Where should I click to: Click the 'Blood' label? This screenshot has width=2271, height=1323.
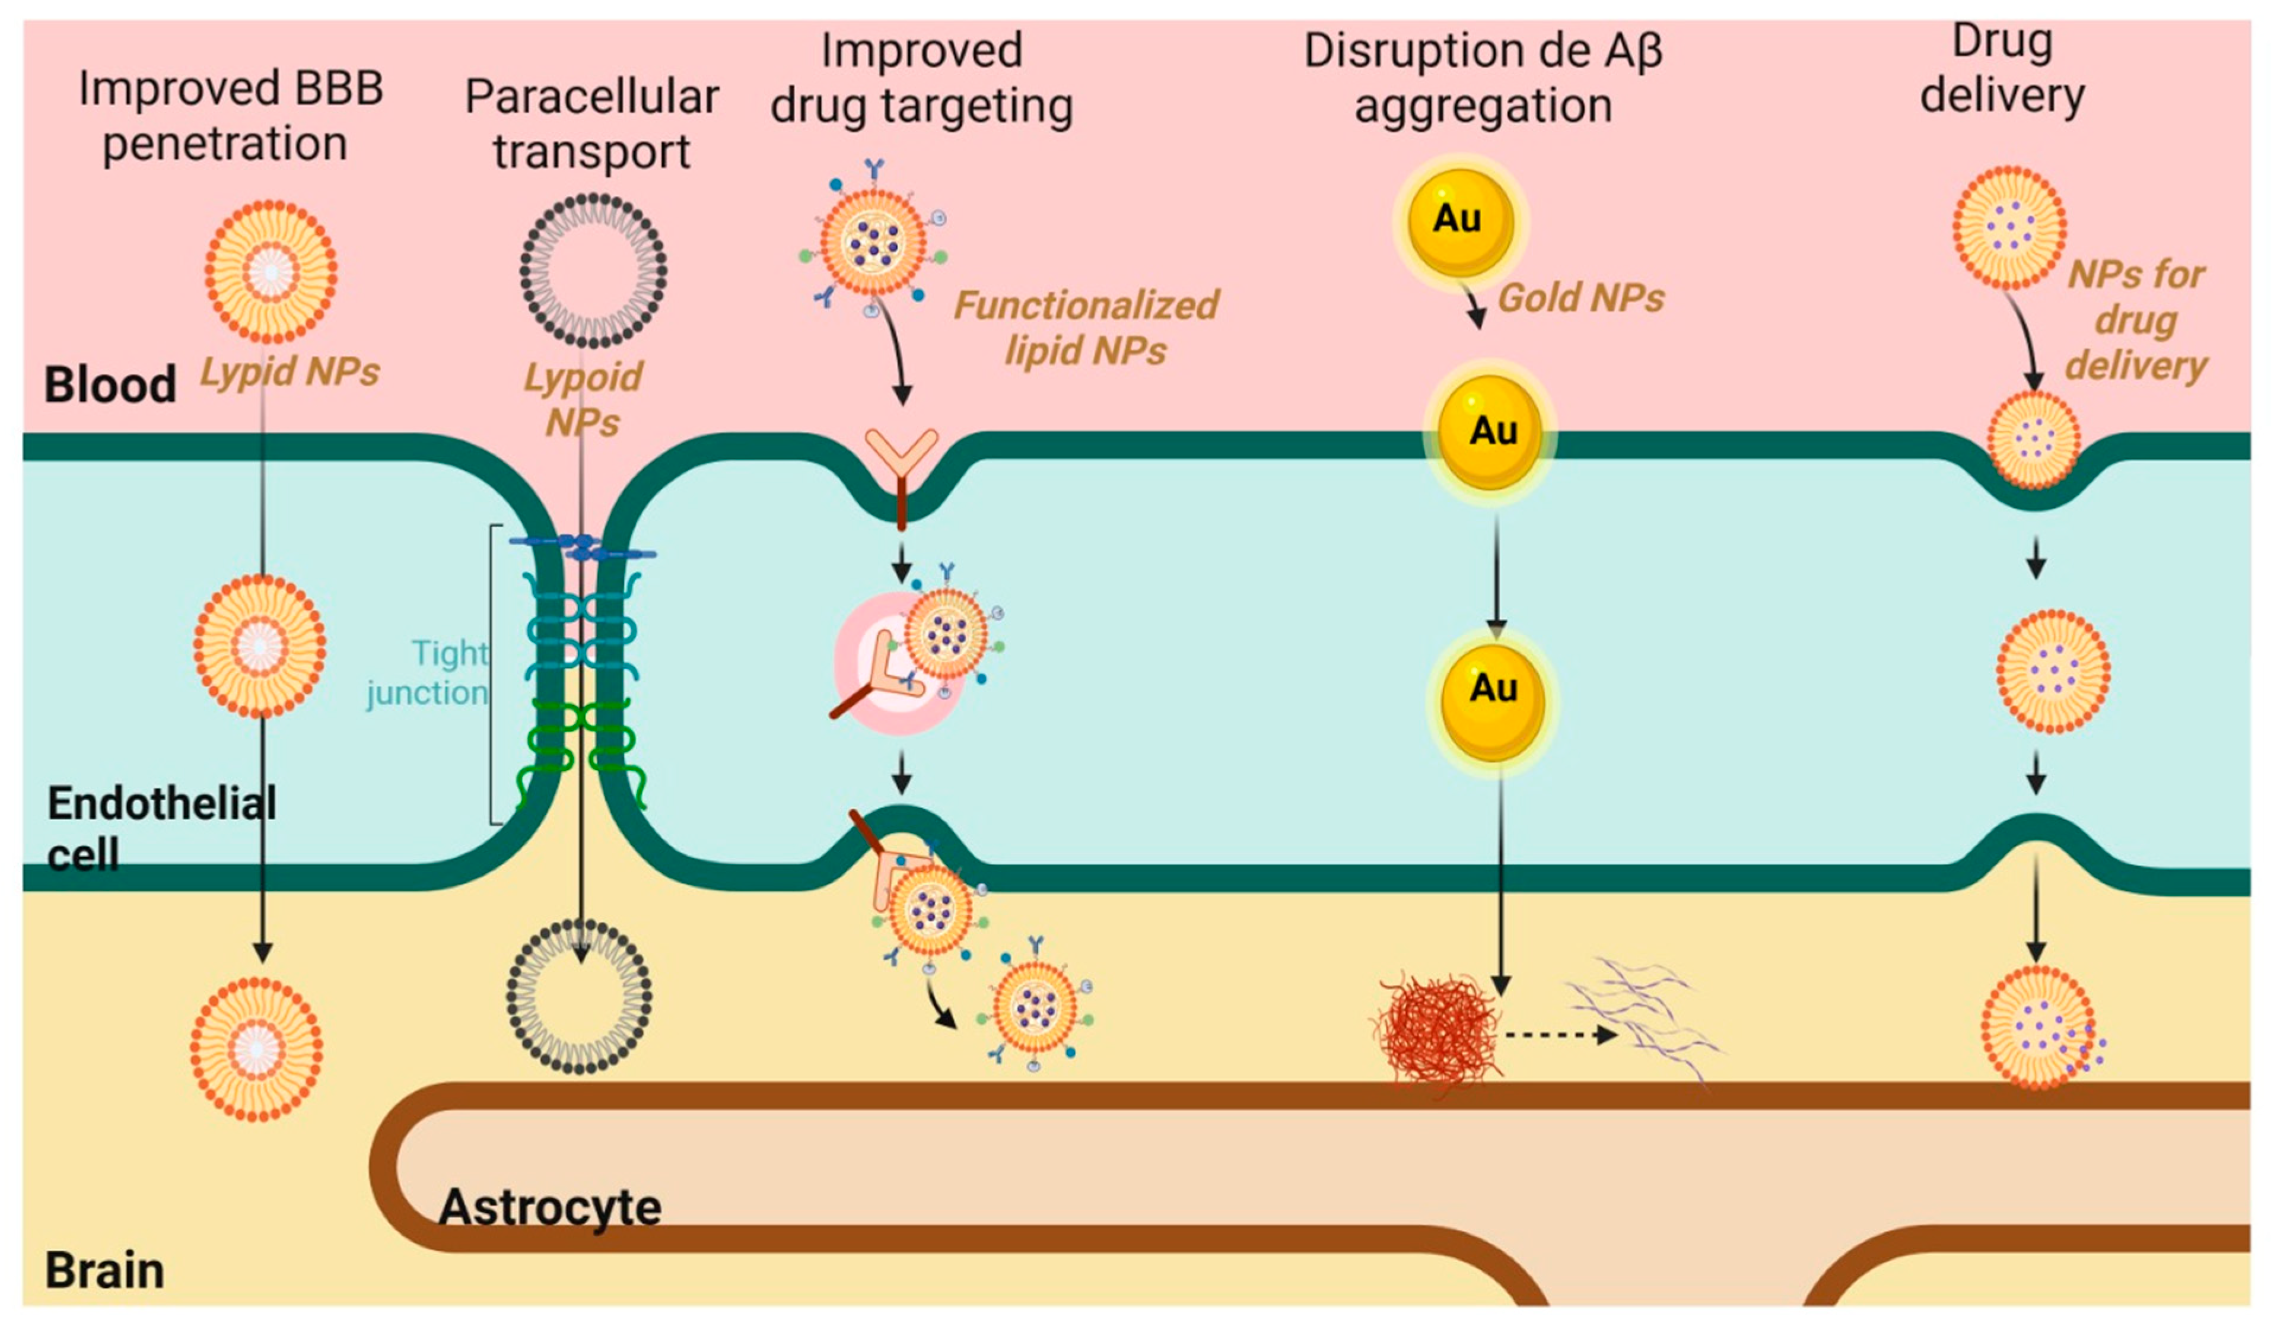click(110, 385)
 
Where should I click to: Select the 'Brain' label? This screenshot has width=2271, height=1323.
click(104, 1271)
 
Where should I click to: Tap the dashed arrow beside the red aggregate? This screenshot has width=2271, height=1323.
click(1560, 1035)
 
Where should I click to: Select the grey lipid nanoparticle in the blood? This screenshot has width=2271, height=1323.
click(593, 271)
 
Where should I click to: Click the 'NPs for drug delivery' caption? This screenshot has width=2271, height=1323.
click(2135, 320)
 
